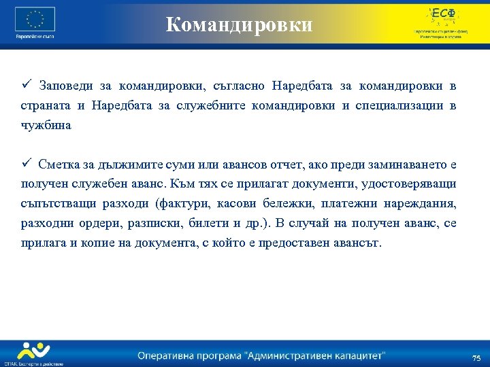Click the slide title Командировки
pyautogui.click(x=240, y=25)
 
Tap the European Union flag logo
pyautogui.click(x=35, y=19)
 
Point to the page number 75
pyautogui.click(x=476, y=357)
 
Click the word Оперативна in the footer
pyautogui.click(x=167, y=355)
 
